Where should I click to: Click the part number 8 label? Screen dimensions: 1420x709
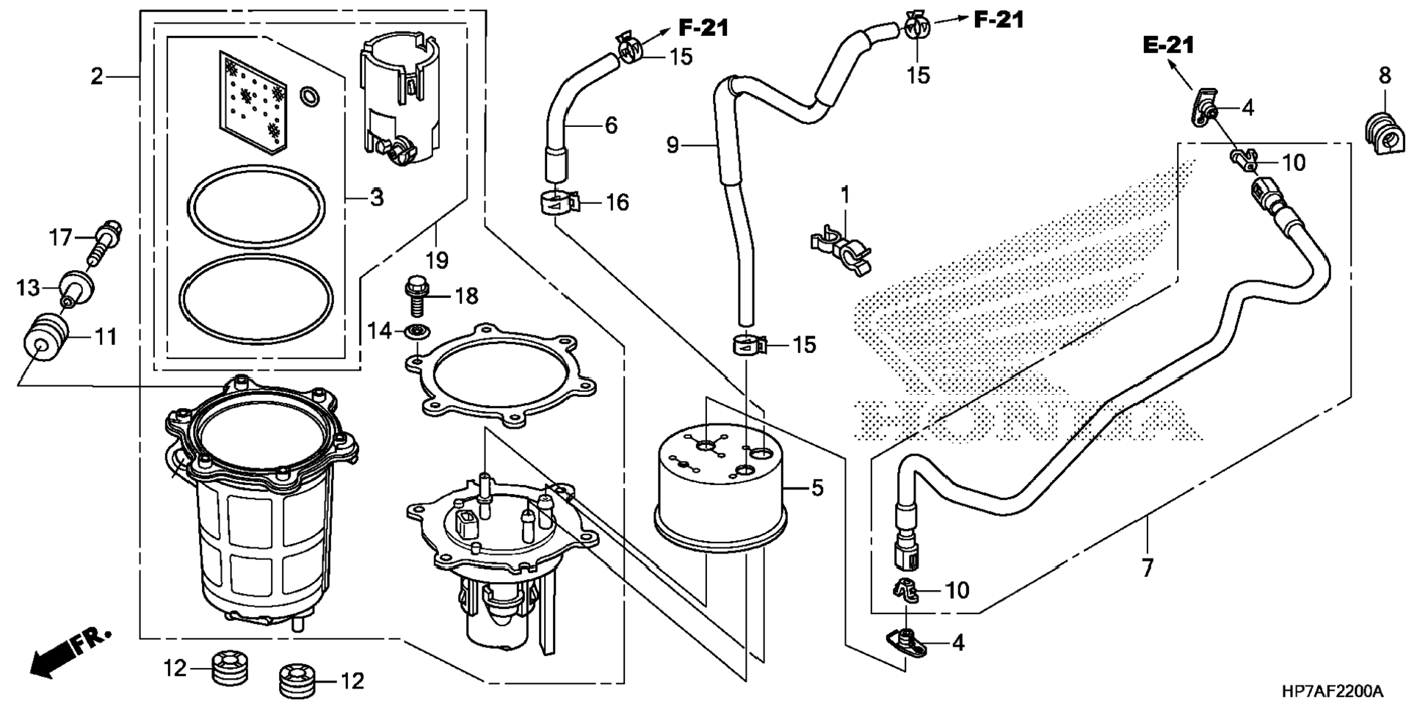point(1384,75)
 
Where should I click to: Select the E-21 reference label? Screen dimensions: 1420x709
point(1168,45)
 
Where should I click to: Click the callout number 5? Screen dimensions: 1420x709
point(817,487)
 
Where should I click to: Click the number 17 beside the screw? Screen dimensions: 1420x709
point(60,237)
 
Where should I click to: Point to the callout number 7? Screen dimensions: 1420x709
point(1147,567)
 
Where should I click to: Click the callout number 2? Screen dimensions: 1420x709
point(97,76)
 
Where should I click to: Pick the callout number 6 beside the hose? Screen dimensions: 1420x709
point(611,126)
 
